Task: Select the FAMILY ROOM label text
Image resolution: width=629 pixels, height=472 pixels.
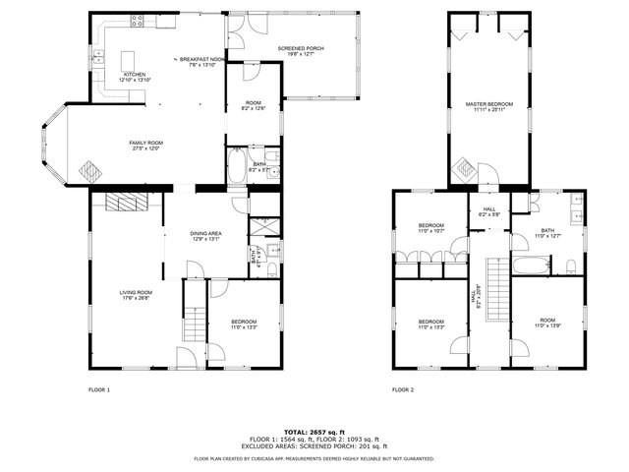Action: pos(145,143)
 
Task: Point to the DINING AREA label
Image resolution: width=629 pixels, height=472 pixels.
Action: pos(205,233)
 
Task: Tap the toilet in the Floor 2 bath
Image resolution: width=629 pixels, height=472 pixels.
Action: pos(571,265)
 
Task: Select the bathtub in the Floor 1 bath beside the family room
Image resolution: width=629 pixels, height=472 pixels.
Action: pos(238,167)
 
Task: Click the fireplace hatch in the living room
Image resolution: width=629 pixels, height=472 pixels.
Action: pos(125,203)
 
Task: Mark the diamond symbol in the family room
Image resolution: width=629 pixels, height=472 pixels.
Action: pos(89,170)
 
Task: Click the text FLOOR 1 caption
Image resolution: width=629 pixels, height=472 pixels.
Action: pos(99,389)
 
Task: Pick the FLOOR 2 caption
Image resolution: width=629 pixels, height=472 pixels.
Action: pos(403,389)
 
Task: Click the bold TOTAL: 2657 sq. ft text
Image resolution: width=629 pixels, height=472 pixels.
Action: pos(314,431)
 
